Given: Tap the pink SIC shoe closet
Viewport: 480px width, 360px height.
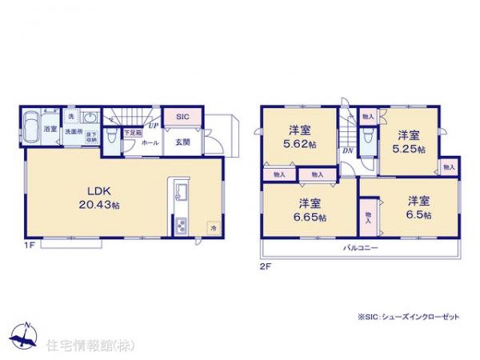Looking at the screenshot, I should (x=182, y=116).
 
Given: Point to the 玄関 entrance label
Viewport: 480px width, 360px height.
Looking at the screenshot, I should (x=182, y=142).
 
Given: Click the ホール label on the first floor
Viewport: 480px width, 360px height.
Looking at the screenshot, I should (x=150, y=142).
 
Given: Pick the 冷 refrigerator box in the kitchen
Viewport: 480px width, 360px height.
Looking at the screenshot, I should (x=214, y=227).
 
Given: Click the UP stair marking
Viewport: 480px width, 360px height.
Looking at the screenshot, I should (x=152, y=126).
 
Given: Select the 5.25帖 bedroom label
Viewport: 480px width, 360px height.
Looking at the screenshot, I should (x=408, y=142).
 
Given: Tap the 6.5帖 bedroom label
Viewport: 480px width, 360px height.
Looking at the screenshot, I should (x=418, y=209).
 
